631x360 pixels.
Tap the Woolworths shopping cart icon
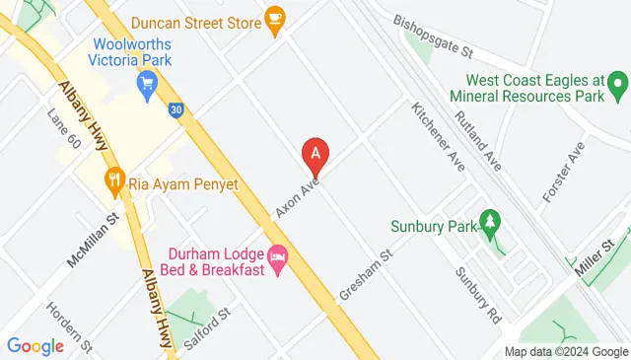(148, 85)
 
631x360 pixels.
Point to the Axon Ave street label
(298, 197)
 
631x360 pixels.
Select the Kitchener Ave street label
(438, 136)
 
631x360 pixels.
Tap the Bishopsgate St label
(434, 35)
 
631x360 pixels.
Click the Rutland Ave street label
(478, 136)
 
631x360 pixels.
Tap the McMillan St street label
(93, 242)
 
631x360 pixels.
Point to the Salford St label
(208, 326)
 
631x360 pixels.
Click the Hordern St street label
(69, 326)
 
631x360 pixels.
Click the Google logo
(35, 345)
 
